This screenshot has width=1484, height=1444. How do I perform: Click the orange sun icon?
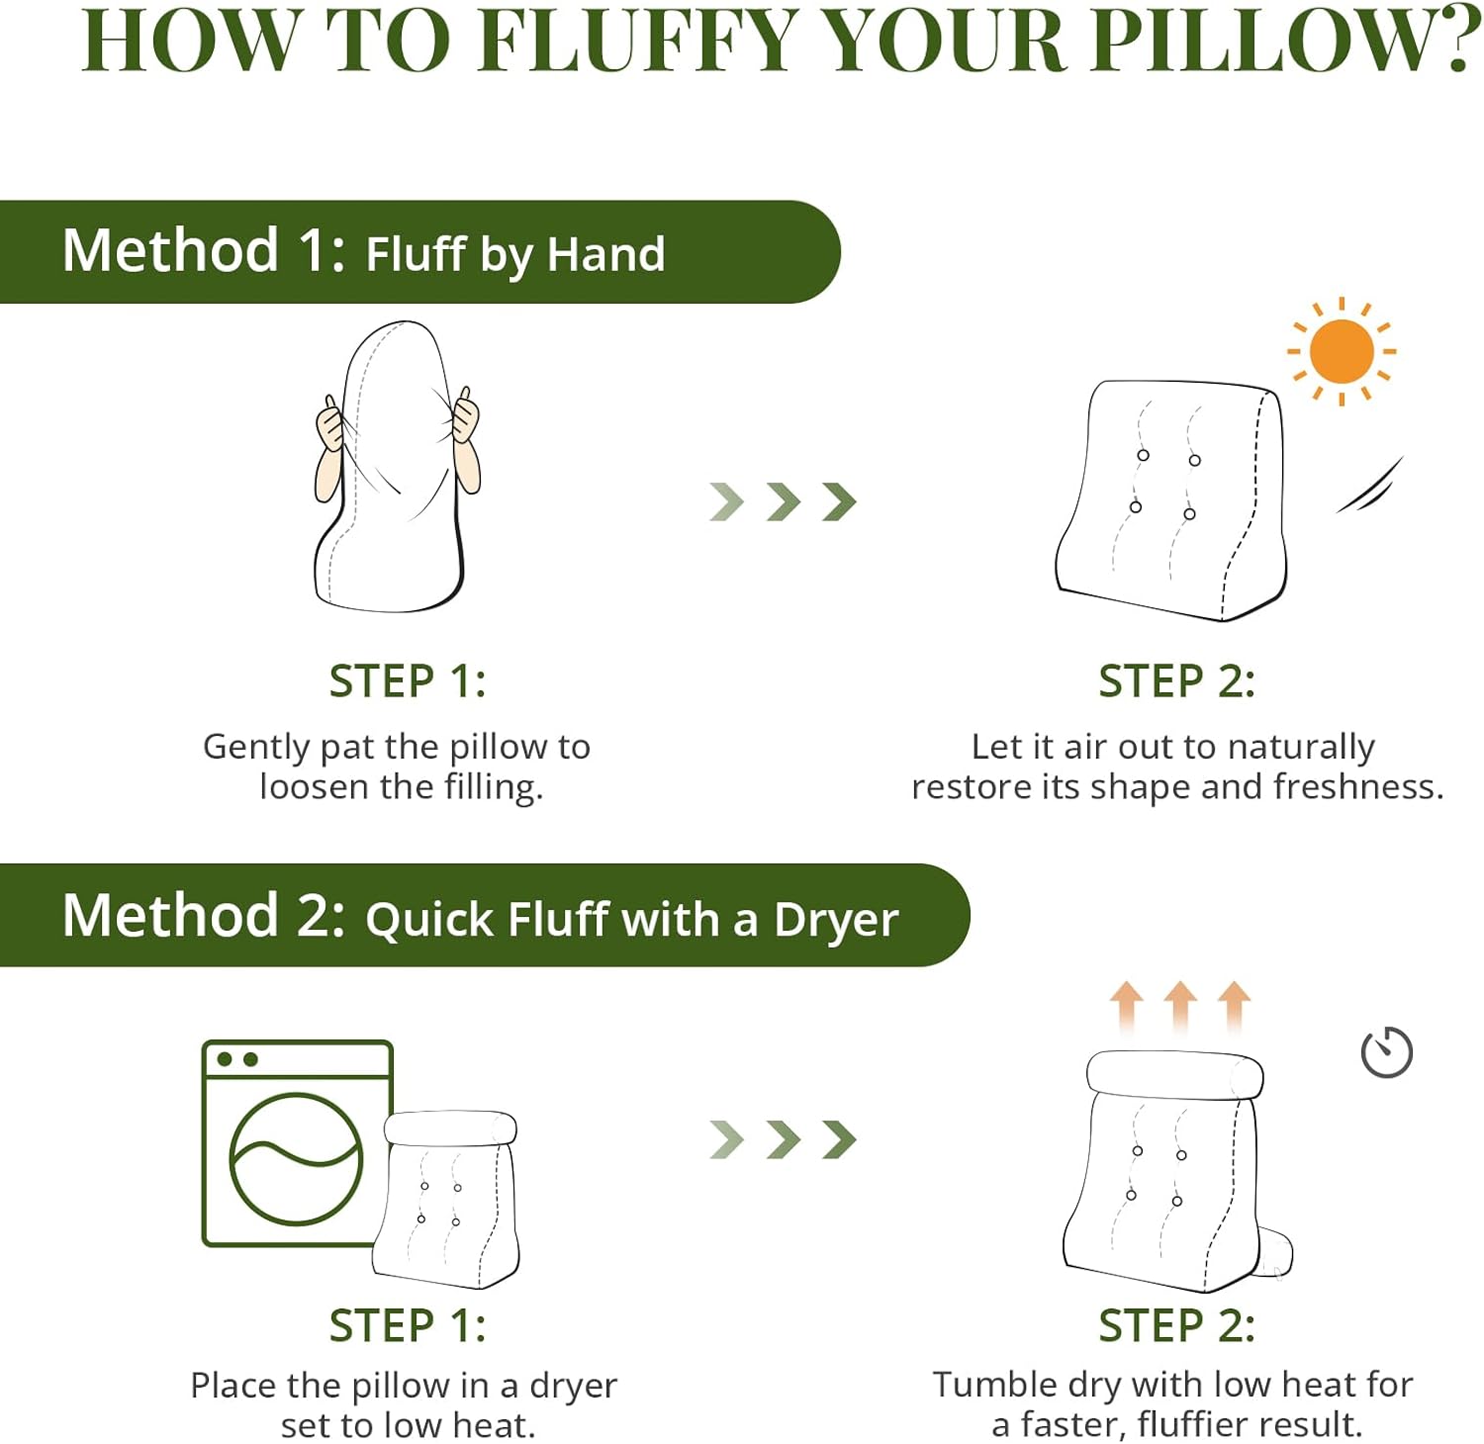coord(1341,352)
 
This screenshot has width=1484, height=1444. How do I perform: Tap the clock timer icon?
coord(1386,1052)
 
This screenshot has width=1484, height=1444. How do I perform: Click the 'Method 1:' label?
coord(203,250)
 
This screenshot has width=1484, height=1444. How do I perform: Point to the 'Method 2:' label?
coord(203,915)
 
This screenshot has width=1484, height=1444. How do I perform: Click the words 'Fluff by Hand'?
coord(515,254)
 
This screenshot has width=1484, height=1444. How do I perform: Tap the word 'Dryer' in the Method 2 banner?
coord(836,920)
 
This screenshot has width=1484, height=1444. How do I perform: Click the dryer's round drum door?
coord(296,1158)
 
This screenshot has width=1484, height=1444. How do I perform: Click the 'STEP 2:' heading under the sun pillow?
coord(1176,681)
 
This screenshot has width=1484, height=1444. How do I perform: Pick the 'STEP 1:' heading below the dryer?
coord(408,1325)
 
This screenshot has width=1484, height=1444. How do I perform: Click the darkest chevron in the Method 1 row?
coord(839,502)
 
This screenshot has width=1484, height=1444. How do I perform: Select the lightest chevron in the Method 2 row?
coord(726,1139)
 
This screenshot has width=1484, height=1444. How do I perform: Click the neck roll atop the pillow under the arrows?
coord(1174,1074)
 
